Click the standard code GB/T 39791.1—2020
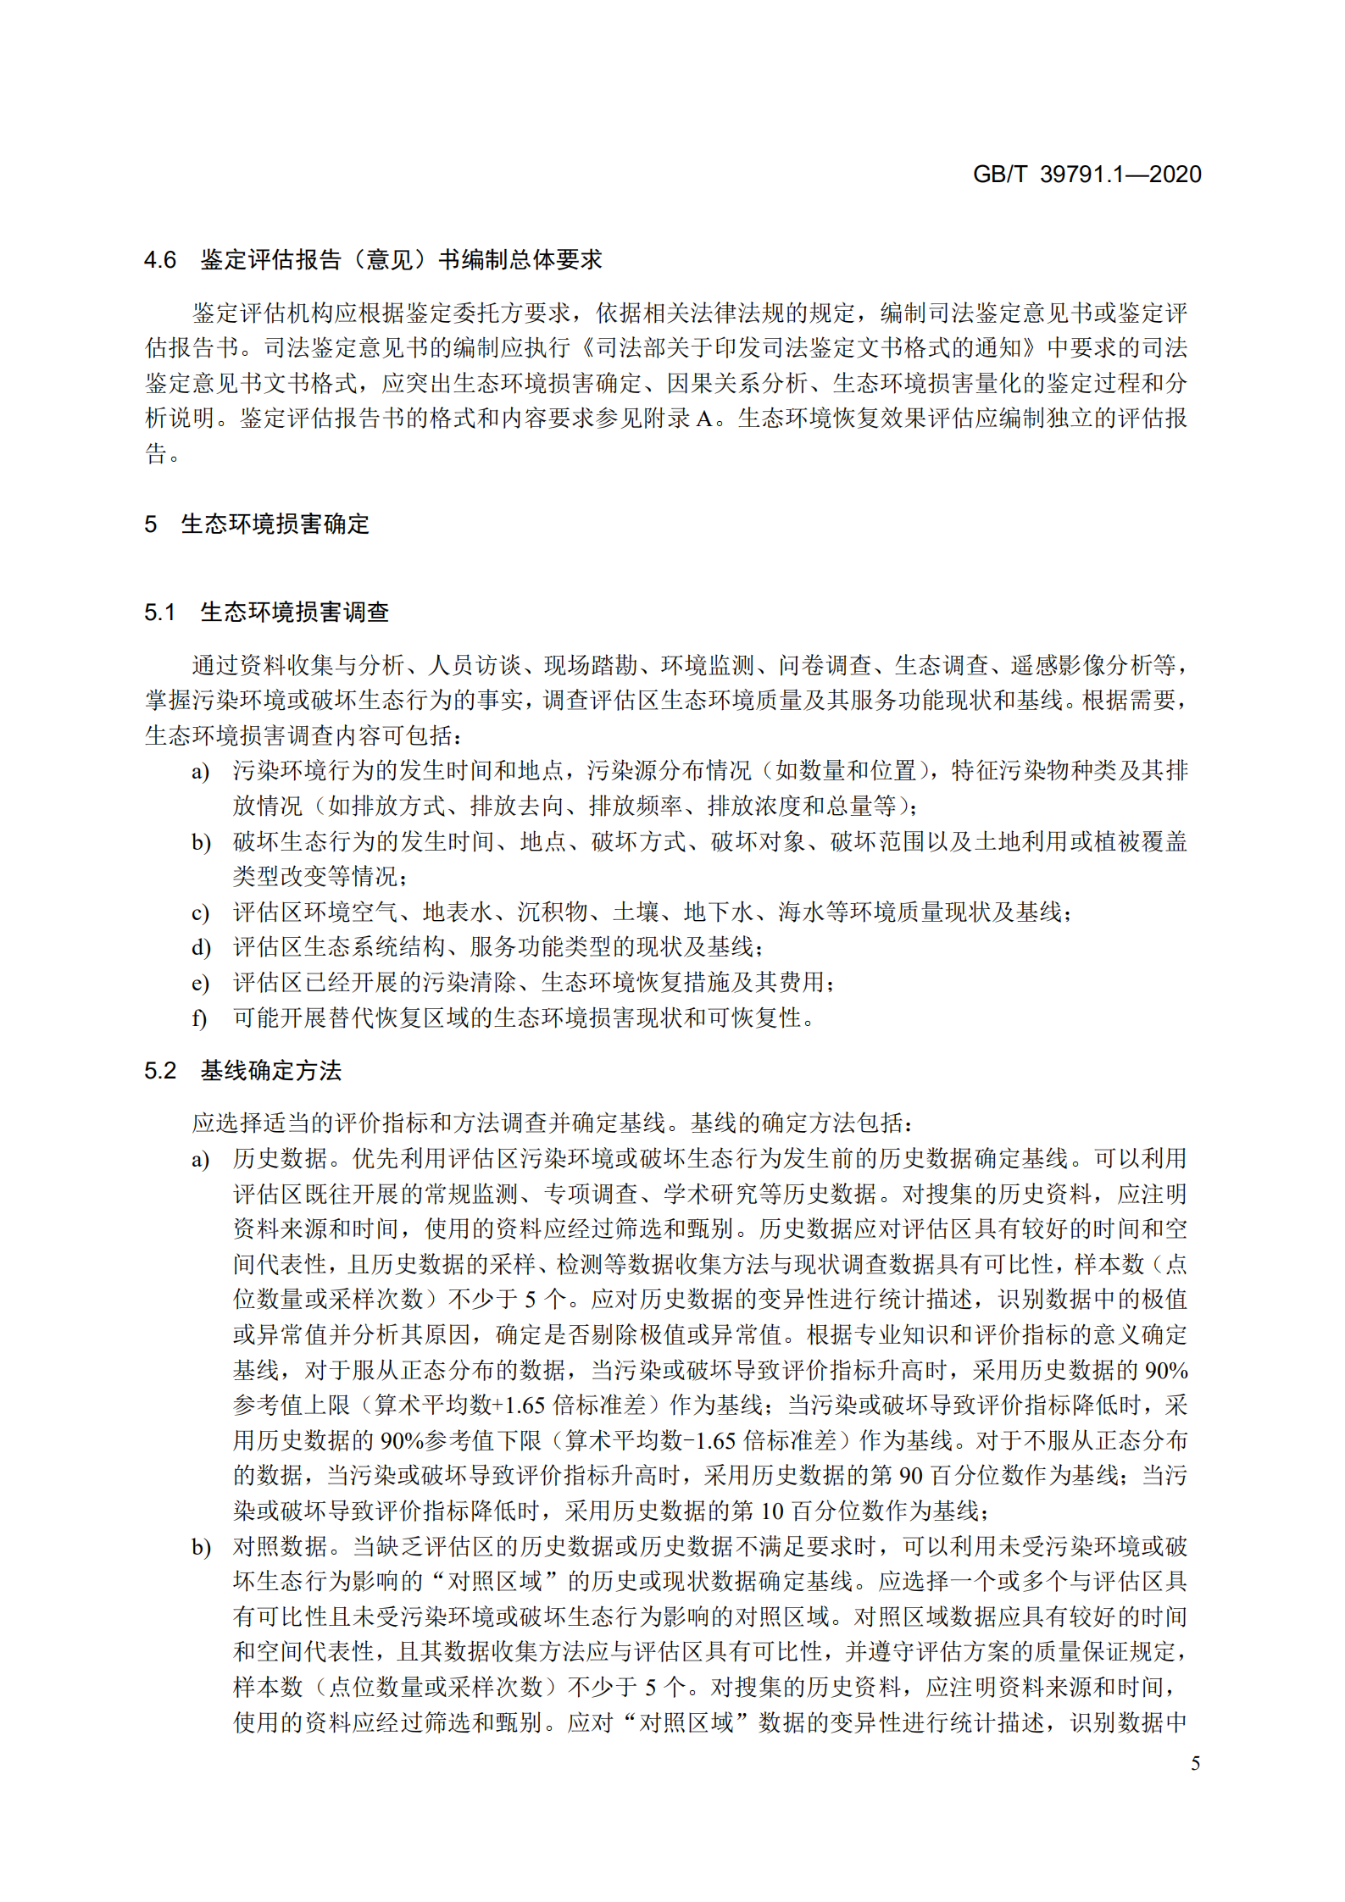[1086, 175]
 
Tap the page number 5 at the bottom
[1195, 1763]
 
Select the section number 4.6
[160, 260]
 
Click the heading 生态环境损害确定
[275, 524]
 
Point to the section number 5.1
[160, 613]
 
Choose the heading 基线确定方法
[270, 1071]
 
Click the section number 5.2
[160, 1071]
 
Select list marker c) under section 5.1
[200, 912]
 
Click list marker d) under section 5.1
[200, 947]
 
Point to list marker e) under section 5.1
[200, 983]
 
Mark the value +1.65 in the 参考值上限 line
[520, 1405]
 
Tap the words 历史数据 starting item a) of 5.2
[281, 1158]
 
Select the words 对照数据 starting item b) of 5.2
[281, 1546]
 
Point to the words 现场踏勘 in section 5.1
[590, 666]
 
